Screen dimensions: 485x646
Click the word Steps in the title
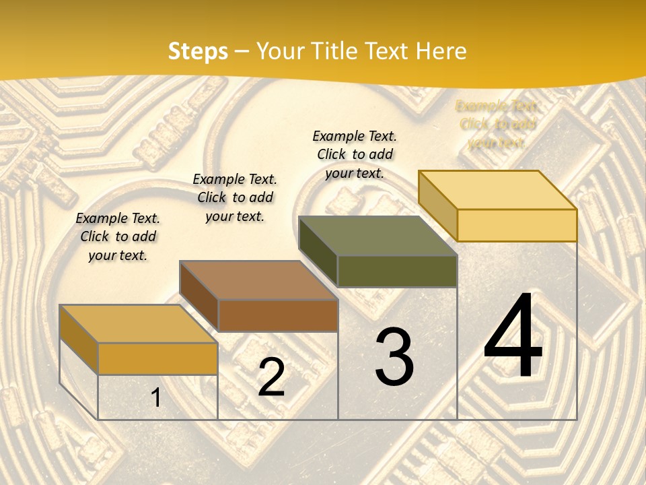(198, 51)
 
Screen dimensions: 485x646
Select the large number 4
(513, 337)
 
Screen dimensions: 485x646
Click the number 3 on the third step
(394, 357)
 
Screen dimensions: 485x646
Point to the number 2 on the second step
(271, 377)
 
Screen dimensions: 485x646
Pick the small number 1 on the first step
(156, 397)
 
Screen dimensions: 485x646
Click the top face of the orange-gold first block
(138, 324)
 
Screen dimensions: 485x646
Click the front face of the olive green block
(397, 271)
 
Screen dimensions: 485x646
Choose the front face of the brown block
(278, 315)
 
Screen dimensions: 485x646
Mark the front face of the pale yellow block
(517, 225)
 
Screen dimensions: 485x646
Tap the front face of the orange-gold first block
(157, 358)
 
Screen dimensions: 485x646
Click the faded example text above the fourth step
(497, 124)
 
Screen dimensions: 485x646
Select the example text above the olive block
(355, 154)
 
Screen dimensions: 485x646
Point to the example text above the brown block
(235, 197)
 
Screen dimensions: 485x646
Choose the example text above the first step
(118, 236)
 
